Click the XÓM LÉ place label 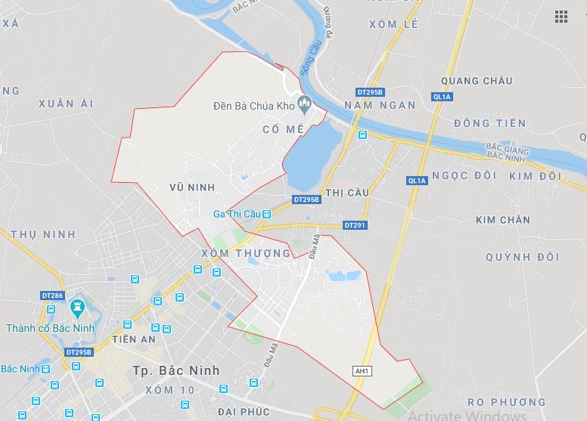click(x=393, y=45)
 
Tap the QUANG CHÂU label click(x=477, y=81)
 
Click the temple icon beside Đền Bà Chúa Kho click(x=305, y=103)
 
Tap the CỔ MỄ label click(x=283, y=129)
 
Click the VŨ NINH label click(x=193, y=187)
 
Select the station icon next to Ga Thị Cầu click(x=266, y=215)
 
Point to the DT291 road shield click(x=354, y=225)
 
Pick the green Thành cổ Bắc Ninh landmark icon click(x=76, y=307)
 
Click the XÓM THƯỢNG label click(x=247, y=253)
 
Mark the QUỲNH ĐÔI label click(x=523, y=257)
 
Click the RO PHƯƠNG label click(x=506, y=401)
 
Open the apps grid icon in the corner click(x=561, y=17)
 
